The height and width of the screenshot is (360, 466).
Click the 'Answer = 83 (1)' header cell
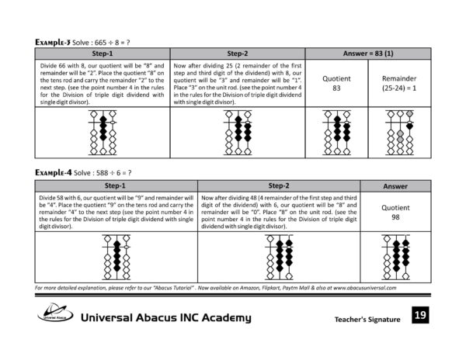[x=367, y=54]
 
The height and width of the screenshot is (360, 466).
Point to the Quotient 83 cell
[x=336, y=84]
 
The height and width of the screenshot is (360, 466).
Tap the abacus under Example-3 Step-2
[x=238, y=134]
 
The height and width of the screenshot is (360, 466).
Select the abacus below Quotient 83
[x=336, y=134]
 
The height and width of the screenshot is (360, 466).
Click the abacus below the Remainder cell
[x=399, y=134]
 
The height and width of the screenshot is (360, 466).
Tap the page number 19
[x=419, y=315]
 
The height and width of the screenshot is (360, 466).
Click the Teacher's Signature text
[x=367, y=319]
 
